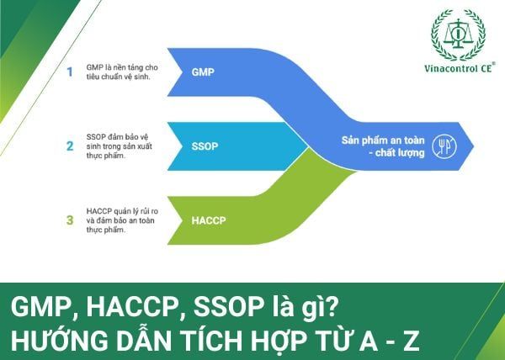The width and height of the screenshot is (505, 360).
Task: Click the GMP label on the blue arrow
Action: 203,71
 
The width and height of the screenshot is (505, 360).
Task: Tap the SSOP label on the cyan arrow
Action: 205,146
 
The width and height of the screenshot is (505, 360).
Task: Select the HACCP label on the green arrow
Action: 209,220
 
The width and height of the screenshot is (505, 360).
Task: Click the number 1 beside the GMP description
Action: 70,71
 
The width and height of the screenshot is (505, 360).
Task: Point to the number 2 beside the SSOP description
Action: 70,146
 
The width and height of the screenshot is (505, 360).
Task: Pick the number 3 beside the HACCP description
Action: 70,220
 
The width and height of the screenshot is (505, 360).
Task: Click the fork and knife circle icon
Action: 444,146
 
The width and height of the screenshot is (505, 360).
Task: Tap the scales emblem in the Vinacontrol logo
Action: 458,34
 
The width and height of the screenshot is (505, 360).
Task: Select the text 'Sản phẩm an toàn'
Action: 383,140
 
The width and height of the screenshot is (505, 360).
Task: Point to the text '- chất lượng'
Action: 396,152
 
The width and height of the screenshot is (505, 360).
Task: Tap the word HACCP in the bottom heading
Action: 132,307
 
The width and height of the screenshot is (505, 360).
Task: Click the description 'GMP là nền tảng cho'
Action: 122,67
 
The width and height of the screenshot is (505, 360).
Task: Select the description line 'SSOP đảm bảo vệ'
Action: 117,137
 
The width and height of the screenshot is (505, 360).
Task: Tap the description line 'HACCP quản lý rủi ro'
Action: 122,211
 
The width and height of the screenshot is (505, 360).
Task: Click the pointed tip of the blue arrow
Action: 474,146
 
